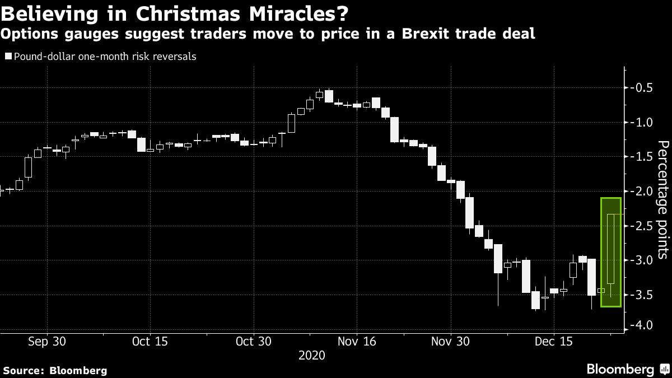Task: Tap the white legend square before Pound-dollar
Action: [x=7, y=57]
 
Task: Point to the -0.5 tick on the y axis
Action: [x=640, y=87]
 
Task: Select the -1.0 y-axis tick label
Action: [x=640, y=122]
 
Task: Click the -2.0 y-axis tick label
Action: [x=640, y=192]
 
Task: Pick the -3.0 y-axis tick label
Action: [x=640, y=260]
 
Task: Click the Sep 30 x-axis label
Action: [x=47, y=341]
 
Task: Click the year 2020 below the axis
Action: [x=311, y=355]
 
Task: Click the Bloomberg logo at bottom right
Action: [x=627, y=369]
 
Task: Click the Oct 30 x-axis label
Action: [x=253, y=341]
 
